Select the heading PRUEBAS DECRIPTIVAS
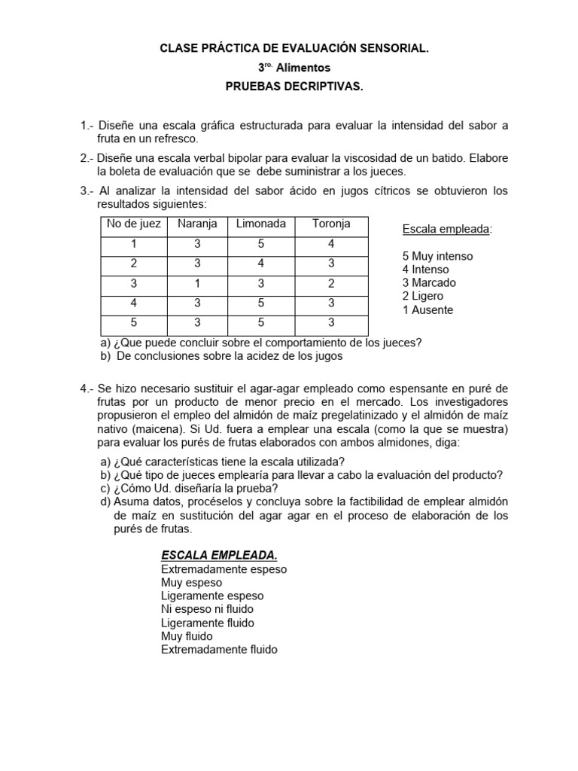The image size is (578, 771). pyautogui.click(x=294, y=87)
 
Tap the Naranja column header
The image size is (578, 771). pyautogui.click(x=197, y=224)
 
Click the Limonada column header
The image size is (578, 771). pyautogui.click(x=261, y=224)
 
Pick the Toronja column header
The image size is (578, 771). pyautogui.click(x=331, y=224)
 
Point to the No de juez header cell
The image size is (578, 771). pyautogui.click(x=134, y=224)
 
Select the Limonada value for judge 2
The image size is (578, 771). pyautogui.click(x=261, y=264)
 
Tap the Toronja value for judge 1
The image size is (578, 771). pyautogui.click(x=331, y=244)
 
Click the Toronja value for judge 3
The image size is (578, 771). pyautogui.click(x=331, y=283)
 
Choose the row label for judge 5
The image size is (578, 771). pyautogui.click(x=134, y=322)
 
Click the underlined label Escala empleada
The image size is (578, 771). pyautogui.click(x=446, y=229)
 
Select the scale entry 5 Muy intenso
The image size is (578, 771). pyautogui.click(x=437, y=256)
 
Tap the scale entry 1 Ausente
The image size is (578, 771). pyautogui.click(x=427, y=310)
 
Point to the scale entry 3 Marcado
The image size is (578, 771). pyautogui.click(x=429, y=283)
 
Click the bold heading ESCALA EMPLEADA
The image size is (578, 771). pyautogui.click(x=219, y=555)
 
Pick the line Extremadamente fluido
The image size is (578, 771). pyautogui.click(x=219, y=649)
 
